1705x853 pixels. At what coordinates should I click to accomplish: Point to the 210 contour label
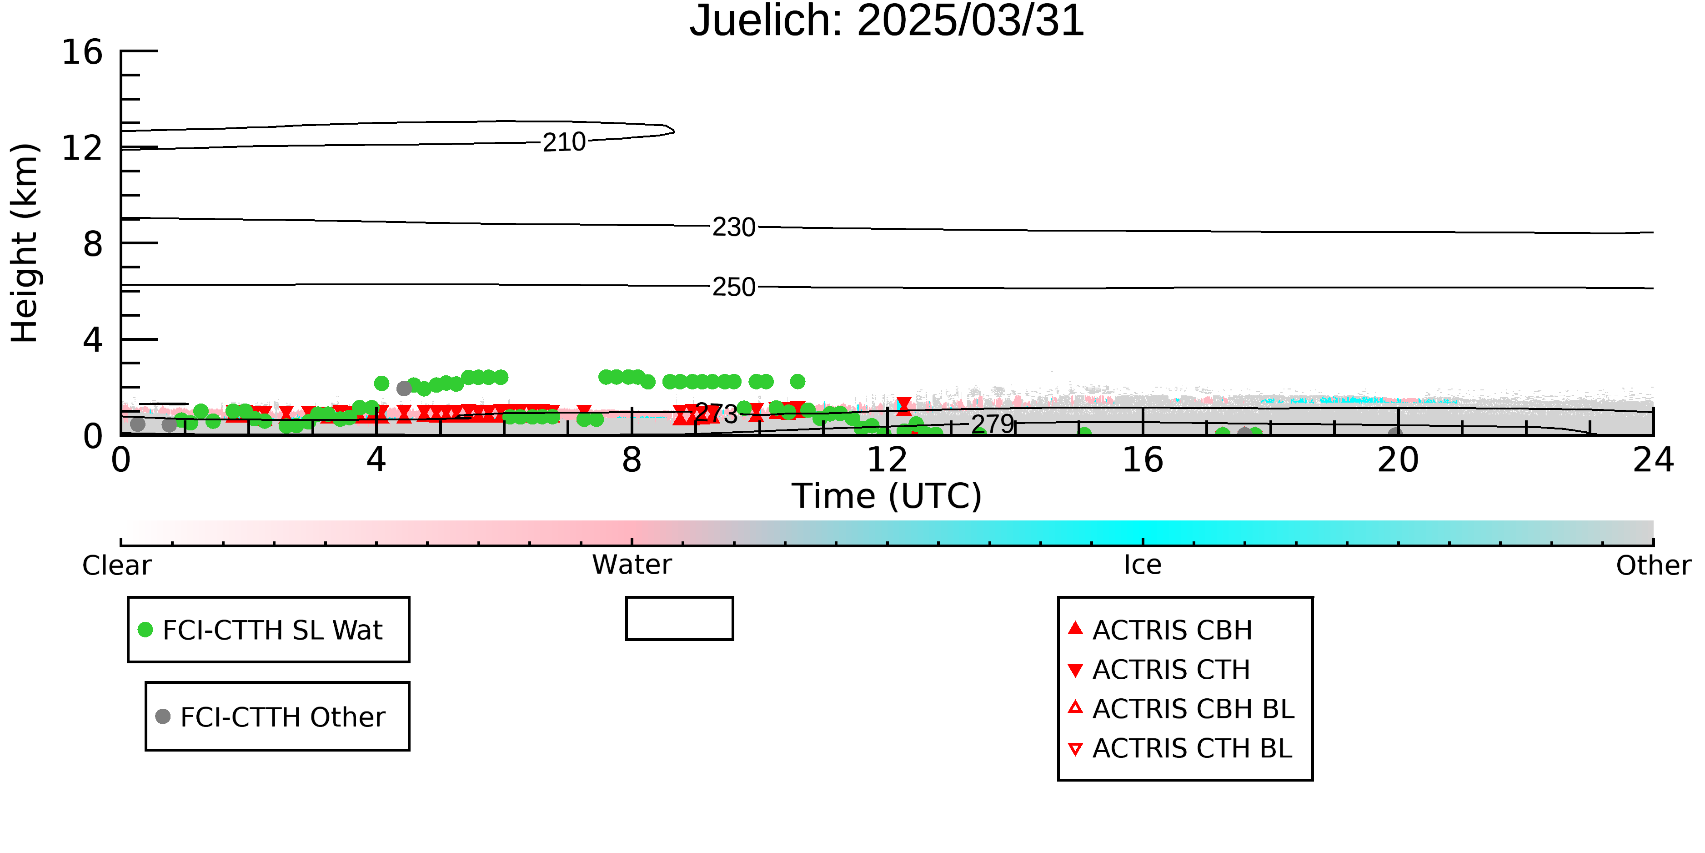[564, 142]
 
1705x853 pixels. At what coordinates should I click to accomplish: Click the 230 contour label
[733, 227]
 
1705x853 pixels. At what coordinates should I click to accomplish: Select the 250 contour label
[733, 287]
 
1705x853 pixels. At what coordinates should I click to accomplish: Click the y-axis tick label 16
[82, 52]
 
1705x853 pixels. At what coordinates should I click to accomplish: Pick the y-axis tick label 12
[82, 148]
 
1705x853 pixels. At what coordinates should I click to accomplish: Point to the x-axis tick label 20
[1398, 459]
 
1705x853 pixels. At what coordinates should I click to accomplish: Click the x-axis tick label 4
[376, 459]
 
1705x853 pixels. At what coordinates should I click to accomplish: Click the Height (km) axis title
[25, 243]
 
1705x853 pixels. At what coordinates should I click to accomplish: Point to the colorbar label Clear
[116, 565]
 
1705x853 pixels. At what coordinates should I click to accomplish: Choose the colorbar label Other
[1653, 565]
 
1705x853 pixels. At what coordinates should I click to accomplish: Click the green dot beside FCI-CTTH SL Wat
[145, 629]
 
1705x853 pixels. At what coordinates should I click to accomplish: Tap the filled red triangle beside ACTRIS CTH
[1076, 670]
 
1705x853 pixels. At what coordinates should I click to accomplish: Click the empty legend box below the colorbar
[680, 598]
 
